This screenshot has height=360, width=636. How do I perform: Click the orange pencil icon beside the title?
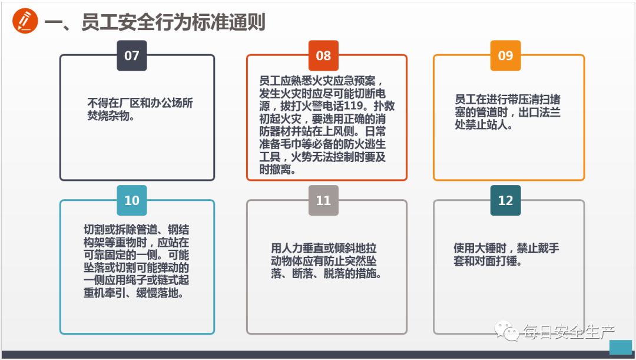click(x=25, y=22)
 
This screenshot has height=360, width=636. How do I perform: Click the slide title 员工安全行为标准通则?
click(x=155, y=22)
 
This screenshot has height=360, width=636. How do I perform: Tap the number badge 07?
click(x=132, y=55)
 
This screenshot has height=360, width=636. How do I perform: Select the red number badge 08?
click(x=323, y=55)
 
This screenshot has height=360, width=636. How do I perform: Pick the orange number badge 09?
click(x=505, y=55)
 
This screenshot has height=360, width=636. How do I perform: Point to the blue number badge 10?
click(x=132, y=200)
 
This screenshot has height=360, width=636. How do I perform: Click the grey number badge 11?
click(x=323, y=200)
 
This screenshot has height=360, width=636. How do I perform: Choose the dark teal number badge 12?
click(x=505, y=200)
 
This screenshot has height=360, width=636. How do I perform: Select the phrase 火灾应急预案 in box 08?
click(x=349, y=81)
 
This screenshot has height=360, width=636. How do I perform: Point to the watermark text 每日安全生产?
click(x=568, y=333)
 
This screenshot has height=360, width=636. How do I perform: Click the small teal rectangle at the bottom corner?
click(x=620, y=347)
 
